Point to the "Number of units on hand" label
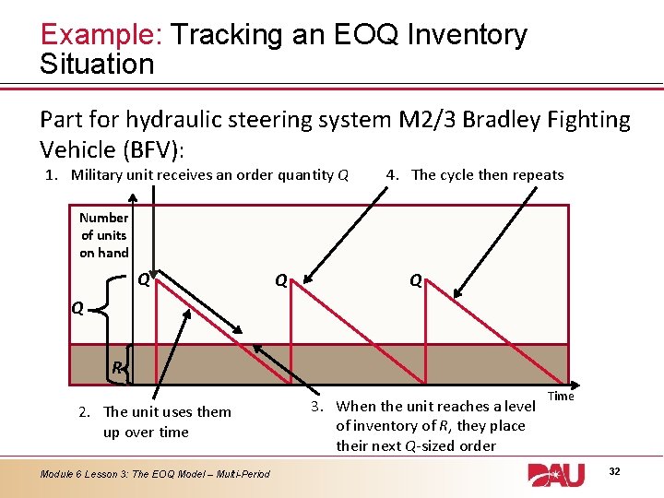click(104, 235)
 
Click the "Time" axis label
click(561, 396)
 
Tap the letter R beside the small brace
click(116, 368)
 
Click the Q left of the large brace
click(78, 310)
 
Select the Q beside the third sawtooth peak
click(416, 280)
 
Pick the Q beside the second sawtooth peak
click(280, 279)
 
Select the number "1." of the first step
click(53, 175)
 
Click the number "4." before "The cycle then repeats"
click(393, 175)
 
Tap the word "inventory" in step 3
click(385, 426)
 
